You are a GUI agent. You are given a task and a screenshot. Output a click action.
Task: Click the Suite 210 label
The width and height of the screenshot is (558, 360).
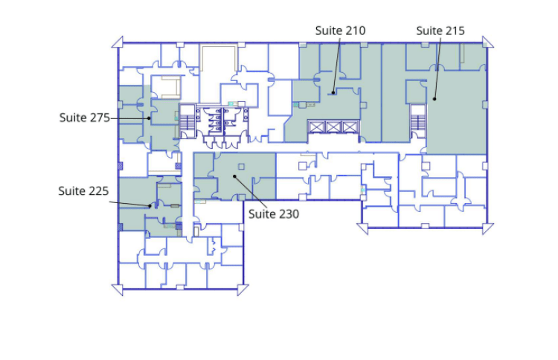pyautogui.click(x=340, y=30)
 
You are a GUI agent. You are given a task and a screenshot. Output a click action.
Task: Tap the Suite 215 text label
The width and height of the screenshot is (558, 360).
pyautogui.click(x=440, y=30)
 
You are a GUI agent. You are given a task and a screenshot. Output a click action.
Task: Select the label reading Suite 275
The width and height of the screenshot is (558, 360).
pyautogui.click(x=85, y=118)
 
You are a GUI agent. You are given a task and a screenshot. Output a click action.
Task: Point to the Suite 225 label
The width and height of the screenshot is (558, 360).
pyautogui.click(x=83, y=191)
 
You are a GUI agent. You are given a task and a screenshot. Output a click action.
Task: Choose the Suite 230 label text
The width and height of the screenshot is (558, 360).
pyautogui.click(x=274, y=213)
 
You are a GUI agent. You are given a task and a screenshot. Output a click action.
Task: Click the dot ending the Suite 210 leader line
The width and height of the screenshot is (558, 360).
pyautogui.click(x=333, y=93)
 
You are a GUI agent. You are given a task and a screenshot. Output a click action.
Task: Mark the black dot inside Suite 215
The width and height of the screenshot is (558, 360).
pyautogui.click(x=434, y=99)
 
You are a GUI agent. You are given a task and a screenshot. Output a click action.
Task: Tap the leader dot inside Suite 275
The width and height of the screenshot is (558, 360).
pyautogui.click(x=149, y=118)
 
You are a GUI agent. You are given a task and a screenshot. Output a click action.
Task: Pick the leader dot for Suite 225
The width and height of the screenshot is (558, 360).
pyautogui.click(x=150, y=206)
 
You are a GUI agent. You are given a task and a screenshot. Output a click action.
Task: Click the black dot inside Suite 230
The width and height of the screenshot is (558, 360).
pyautogui.click(x=234, y=176)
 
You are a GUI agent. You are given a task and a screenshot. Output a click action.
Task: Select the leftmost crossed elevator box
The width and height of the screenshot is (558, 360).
pyautogui.click(x=315, y=127)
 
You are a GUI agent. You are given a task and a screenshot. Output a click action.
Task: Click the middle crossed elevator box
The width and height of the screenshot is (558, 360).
pyautogui.click(x=333, y=127)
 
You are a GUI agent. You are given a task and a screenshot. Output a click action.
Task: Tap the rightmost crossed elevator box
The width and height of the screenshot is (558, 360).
pyautogui.click(x=350, y=127)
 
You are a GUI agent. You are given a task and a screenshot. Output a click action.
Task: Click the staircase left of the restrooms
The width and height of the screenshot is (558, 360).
pyautogui.click(x=187, y=121)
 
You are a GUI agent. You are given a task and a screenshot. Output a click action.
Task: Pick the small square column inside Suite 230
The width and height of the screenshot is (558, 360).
pyautogui.click(x=242, y=167)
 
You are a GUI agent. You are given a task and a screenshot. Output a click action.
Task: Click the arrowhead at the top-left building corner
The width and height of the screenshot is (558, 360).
pyautogui.click(x=118, y=42)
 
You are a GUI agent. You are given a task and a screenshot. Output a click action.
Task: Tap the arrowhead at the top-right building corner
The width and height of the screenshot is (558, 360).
pyautogui.click(x=487, y=42)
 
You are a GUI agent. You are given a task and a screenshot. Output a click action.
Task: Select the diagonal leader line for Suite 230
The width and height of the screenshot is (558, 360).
pyautogui.click(x=251, y=191)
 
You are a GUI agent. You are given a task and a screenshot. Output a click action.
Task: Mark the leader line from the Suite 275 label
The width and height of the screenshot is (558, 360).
pyautogui.click(x=129, y=118)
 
